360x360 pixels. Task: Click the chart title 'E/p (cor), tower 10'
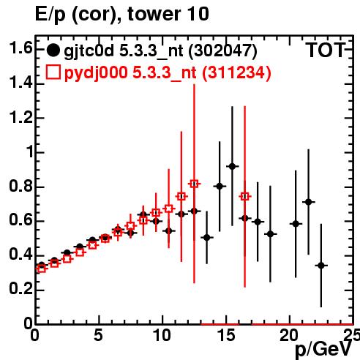pos(122,15)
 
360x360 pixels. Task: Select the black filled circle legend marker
pos(53,50)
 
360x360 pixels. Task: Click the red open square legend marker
pos(53,72)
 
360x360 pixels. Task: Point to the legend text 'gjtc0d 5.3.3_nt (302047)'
pos(160,51)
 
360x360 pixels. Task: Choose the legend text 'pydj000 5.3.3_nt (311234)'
pos(168,72)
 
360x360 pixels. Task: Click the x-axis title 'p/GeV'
pos(323,349)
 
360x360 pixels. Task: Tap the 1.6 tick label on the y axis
pos(20,48)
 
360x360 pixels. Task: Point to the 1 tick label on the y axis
pos(30,152)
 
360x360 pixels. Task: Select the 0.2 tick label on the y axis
pos(20,289)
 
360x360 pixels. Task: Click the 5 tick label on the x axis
pos(98,335)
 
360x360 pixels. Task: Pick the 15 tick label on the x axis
pos(226,335)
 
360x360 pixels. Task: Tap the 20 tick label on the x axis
pos(289,335)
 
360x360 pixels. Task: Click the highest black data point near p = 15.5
pos(232,167)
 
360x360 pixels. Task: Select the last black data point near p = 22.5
pos(321,266)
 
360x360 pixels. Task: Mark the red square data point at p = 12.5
pos(194,184)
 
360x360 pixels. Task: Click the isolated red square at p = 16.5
pos(245,196)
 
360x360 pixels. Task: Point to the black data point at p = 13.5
pos(207,237)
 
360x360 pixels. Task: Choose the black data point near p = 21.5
pos(309,202)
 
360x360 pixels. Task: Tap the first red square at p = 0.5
pos(42,269)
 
